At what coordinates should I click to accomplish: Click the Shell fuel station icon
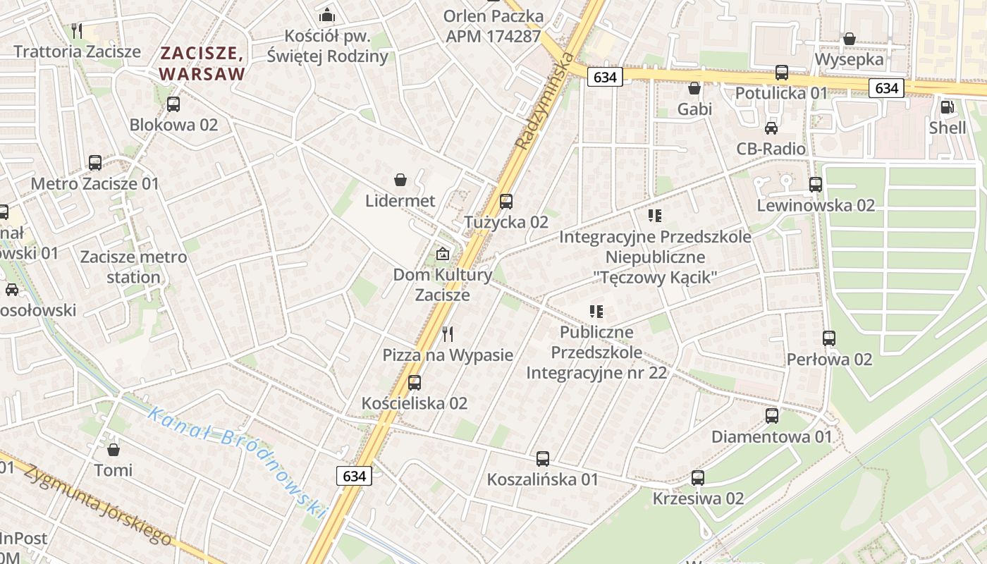tap(946, 107)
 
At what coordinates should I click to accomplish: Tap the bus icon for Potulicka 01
tap(781, 72)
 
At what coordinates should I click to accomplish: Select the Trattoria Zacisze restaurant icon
tap(78, 30)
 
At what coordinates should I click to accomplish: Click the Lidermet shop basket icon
tap(400, 180)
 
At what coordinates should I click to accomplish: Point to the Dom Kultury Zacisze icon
tap(442, 254)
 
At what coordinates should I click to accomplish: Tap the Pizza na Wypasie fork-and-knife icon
tap(448, 333)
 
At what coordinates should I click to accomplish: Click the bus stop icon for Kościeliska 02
tap(415, 382)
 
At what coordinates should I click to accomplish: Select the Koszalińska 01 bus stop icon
tap(542, 459)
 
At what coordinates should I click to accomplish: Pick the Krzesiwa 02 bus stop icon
tap(697, 477)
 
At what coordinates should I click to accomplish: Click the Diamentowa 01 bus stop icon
tap(772, 415)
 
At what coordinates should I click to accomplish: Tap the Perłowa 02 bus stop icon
tap(829, 338)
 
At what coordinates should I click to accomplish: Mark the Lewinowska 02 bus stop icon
tap(816, 185)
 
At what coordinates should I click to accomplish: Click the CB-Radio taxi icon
tap(771, 128)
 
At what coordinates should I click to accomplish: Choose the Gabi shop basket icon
tap(694, 88)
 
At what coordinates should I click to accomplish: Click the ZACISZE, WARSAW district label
tap(202, 63)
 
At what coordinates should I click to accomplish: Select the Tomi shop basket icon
tap(114, 449)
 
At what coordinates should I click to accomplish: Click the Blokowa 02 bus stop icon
tap(173, 104)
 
